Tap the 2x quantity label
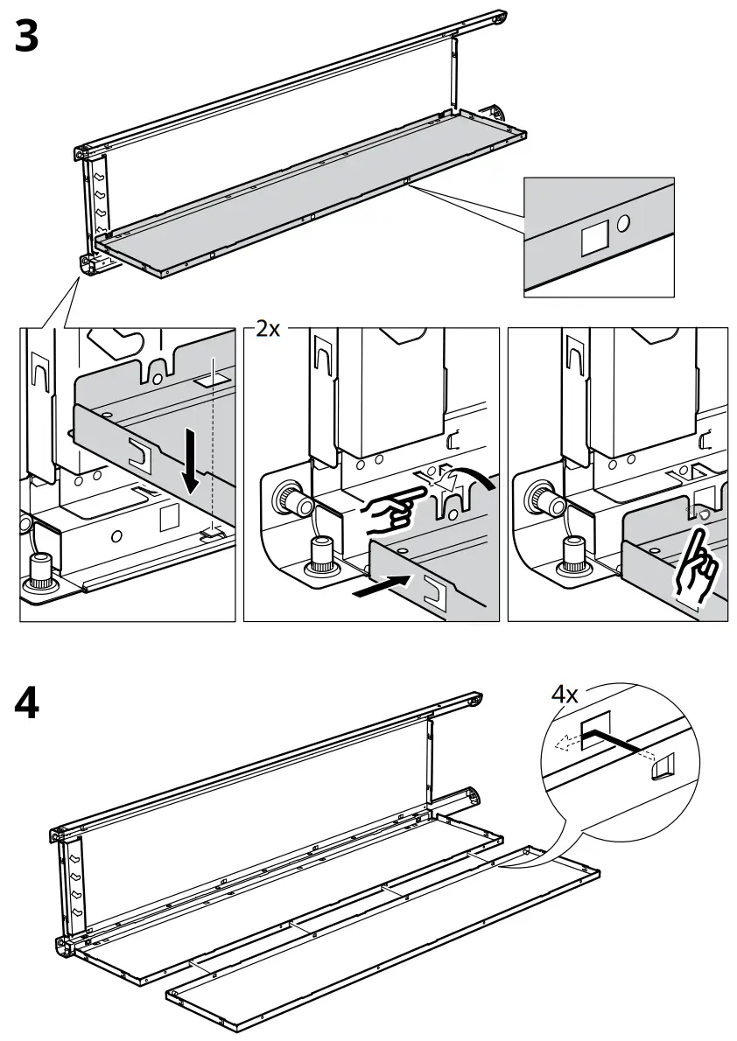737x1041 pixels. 267,330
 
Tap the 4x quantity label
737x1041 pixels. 564,695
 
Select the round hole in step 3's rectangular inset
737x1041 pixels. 623,223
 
